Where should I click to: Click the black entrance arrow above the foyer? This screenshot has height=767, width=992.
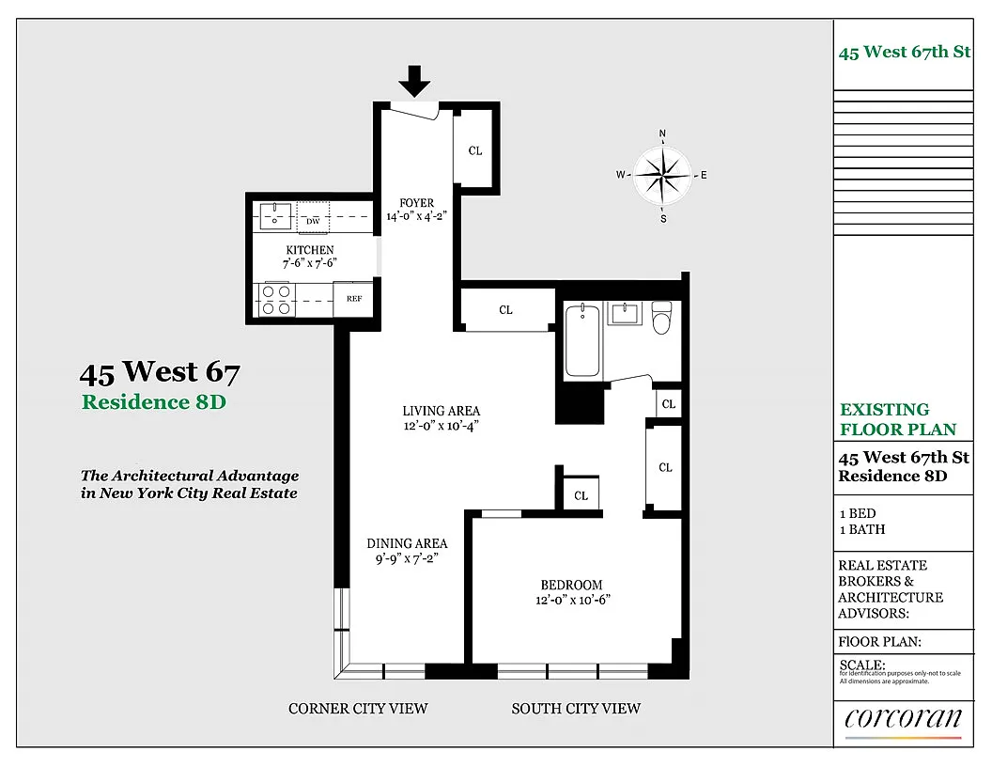pyautogui.click(x=414, y=81)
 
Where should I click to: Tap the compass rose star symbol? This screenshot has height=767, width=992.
pyautogui.click(x=662, y=175)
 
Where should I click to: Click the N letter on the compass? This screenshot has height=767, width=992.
pyautogui.click(x=662, y=133)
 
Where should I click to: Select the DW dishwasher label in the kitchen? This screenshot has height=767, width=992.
pyautogui.click(x=313, y=221)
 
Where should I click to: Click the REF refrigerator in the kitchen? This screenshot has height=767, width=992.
pyautogui.click(x=353, y=299)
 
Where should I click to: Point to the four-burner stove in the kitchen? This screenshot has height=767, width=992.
pyautogui.click(x=276, y=300)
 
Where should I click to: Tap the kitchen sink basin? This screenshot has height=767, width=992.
pyautogui.click(x=274, y=216)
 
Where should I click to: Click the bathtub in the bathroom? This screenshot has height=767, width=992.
pyautogui.click(x=582, y=340)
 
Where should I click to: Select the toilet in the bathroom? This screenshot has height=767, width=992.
pyautogui.click(x=661, y=317)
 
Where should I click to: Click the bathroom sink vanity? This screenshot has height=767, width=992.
pyautogui.click(x=625, y=313)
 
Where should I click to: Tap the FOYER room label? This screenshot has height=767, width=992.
pyautogui.click(x=416, y=202)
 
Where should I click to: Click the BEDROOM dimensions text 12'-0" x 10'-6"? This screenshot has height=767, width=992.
pyautogui.click(x=572, y=600)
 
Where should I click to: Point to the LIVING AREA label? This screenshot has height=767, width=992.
pyautogui.click(x=441, y=411)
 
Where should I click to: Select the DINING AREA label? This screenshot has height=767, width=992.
pyautogui.click(x=407, y=543)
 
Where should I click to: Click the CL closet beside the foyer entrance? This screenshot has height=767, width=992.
pyautogui.click(x=475, y=150)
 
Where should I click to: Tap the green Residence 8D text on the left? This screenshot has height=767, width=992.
pyautogui.click(x=154, y=402)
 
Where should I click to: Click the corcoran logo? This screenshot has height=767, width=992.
pyautogui.click(x=903, y=720)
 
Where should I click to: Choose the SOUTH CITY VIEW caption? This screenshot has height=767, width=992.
pyautogui.click(x=576, y=708)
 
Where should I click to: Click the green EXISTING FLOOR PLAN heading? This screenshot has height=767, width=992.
pyautogui.click(x=898, y=419)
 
